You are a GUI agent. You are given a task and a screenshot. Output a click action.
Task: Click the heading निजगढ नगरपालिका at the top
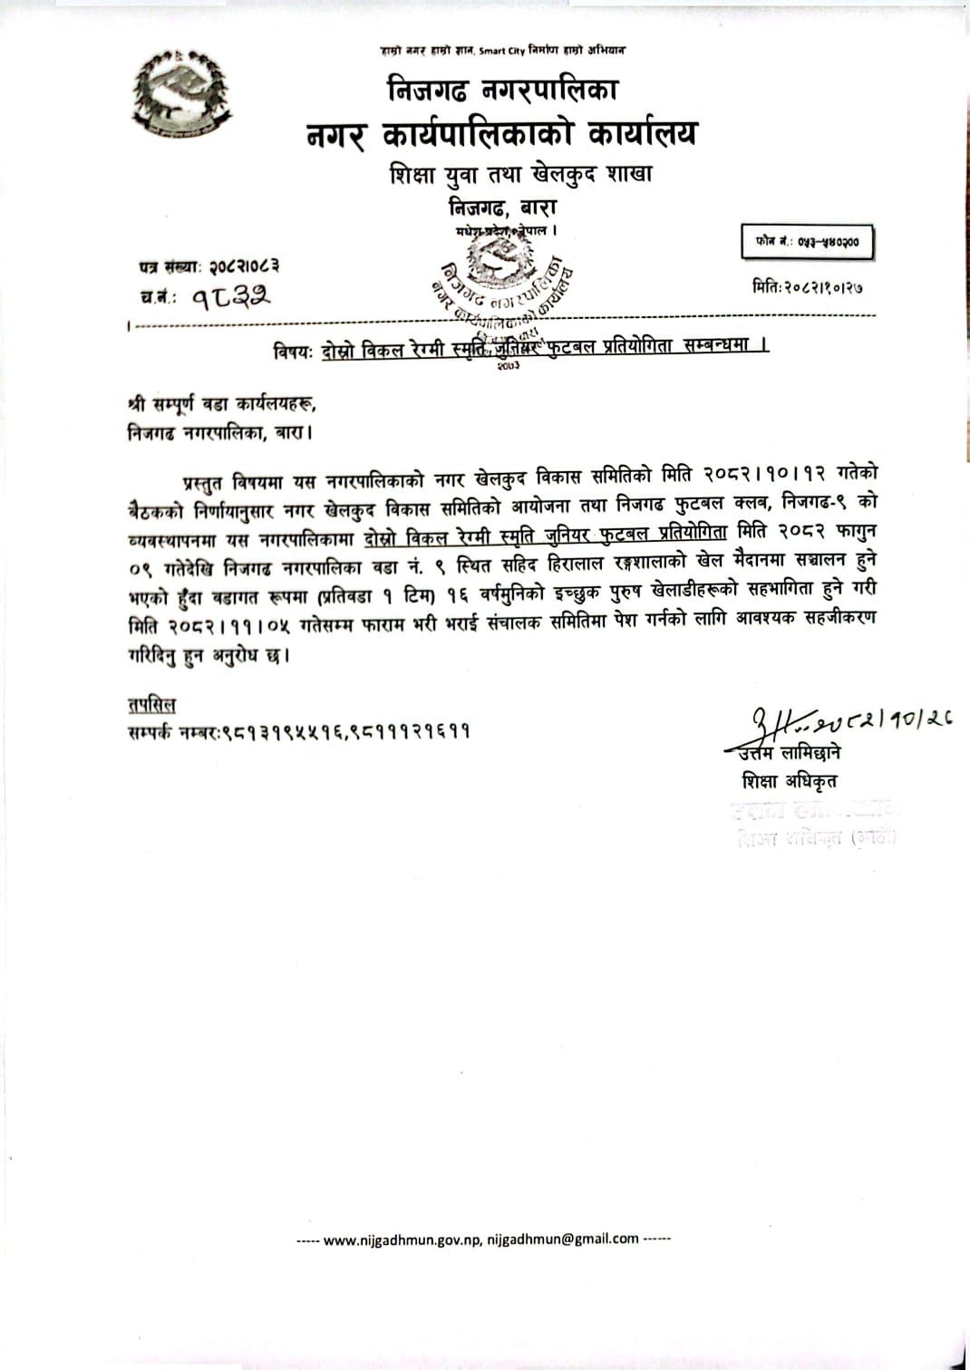[502, 90]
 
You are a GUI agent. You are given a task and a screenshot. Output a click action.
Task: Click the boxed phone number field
[807, 242]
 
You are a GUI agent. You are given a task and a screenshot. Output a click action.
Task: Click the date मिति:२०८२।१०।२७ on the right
[807, 287]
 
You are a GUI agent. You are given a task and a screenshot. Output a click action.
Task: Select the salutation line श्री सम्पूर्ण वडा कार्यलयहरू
[222, 404]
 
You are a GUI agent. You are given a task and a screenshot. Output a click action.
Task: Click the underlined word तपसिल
[151, 705]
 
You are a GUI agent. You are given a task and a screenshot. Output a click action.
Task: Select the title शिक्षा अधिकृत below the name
[789, 780]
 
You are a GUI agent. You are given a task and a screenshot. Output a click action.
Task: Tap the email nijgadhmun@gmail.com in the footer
[563, 1240]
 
